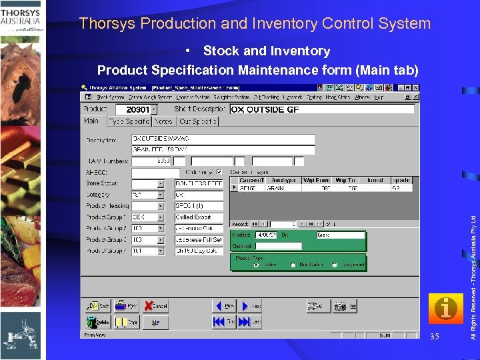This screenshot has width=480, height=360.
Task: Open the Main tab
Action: (x=91, y=121)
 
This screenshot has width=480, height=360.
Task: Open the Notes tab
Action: (x=163, y=121)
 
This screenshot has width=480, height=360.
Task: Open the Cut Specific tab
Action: (x=197, y=121)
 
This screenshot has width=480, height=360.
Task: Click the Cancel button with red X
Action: (x=157, y=306)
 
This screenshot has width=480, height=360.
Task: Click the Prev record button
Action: (x=224, y=306)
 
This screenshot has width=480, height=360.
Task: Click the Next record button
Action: (x=252, y=306)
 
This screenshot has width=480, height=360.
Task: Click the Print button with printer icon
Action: (x=128, y=306)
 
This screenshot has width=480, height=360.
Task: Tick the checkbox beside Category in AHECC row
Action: (x=219, y=172)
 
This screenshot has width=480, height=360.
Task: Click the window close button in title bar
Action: (x=414, y=87)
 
